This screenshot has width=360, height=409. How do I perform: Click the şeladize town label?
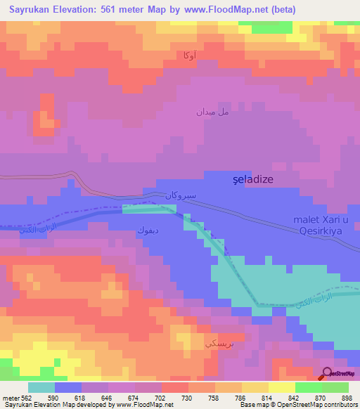[x=252, y=180]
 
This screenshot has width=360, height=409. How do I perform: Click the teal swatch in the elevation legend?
[x=41, y=387]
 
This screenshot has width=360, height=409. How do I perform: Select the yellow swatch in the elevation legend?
[x=282, y=387]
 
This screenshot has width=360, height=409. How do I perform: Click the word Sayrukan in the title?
[x=30, y=9]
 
